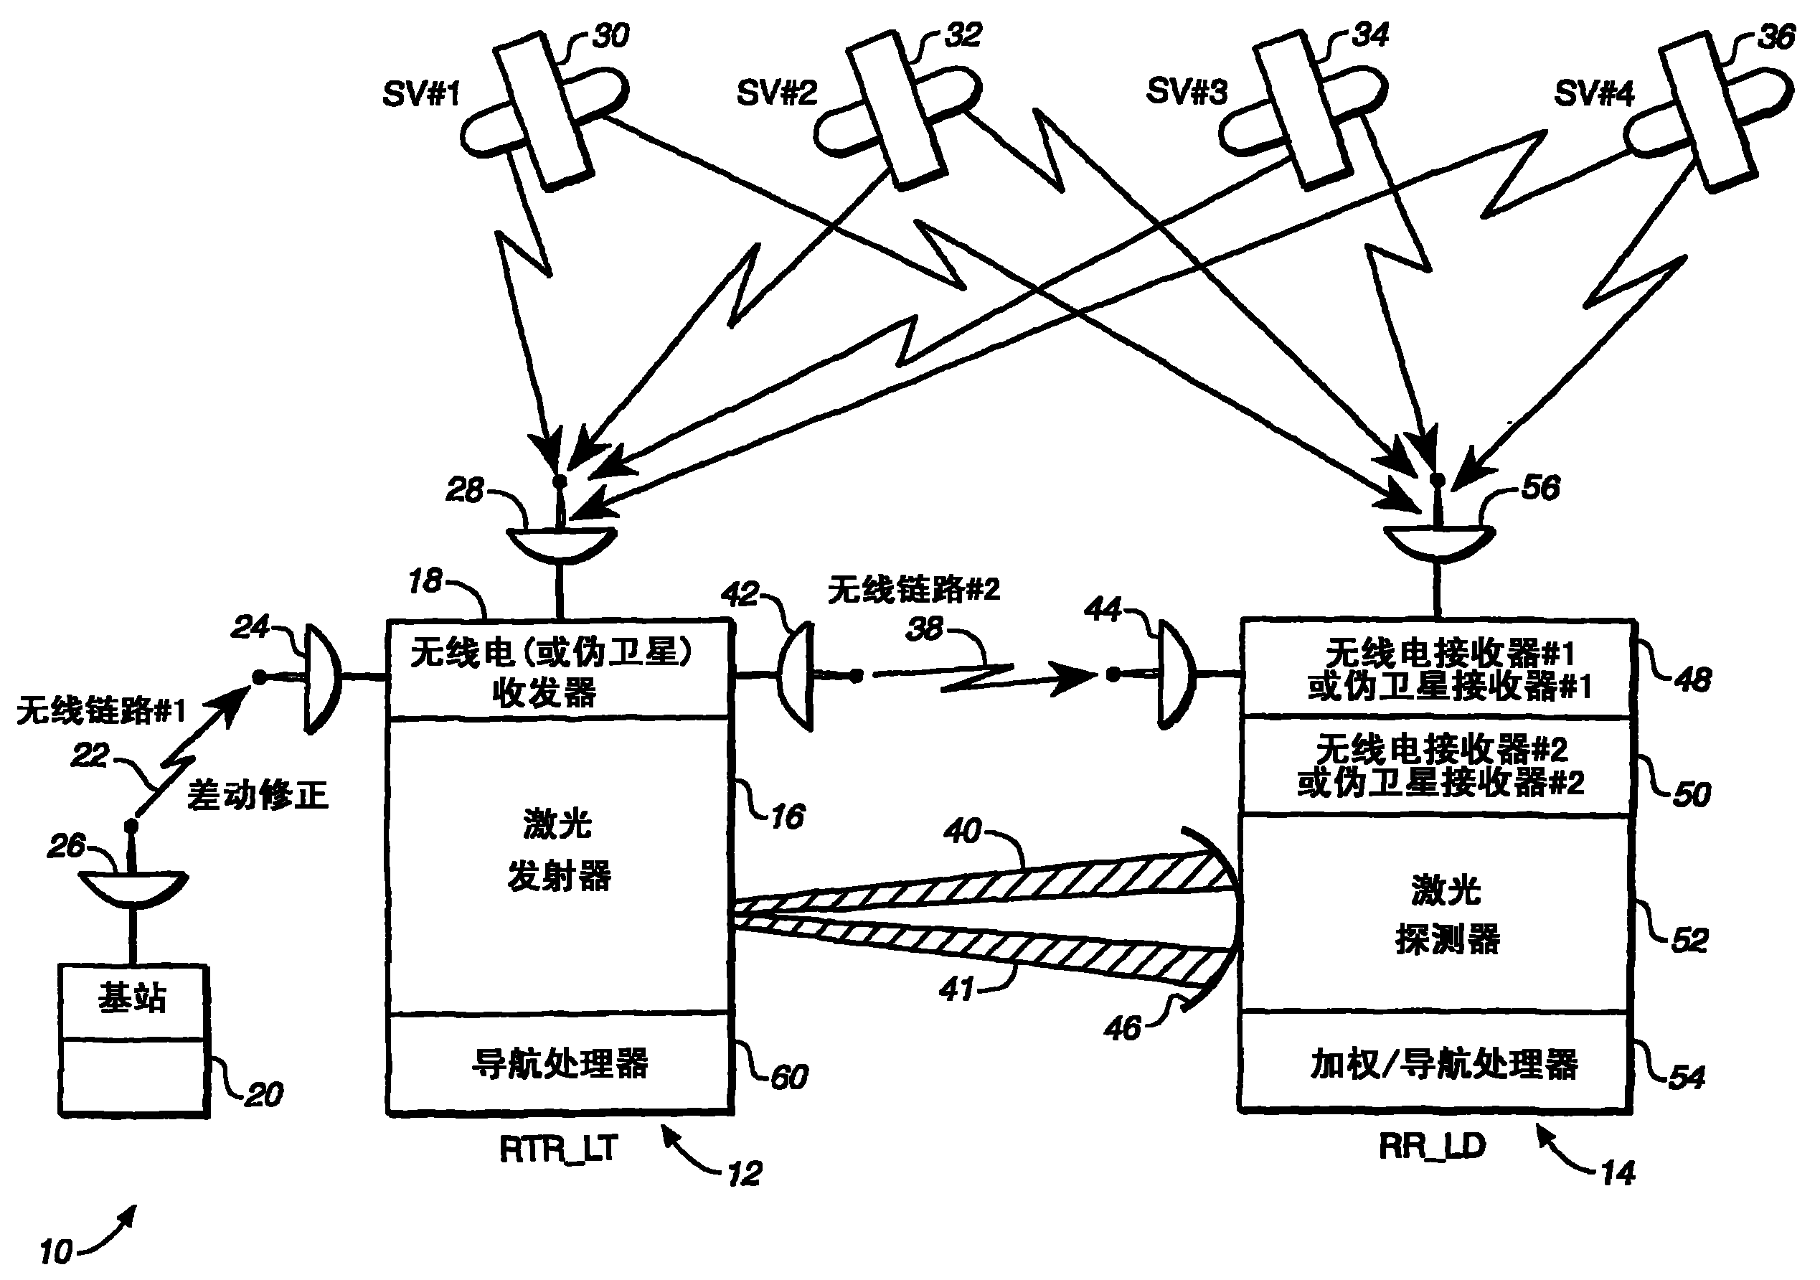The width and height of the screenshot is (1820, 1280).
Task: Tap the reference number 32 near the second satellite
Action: [x=963, y=36]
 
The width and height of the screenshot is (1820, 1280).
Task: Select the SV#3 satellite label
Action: [x=1186, y=92]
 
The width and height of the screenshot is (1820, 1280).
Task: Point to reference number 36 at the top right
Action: [x=1776, y=37]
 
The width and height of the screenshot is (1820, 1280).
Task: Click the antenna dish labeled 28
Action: [x=561, y=543]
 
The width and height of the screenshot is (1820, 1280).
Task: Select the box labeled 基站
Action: [x=133, y=999]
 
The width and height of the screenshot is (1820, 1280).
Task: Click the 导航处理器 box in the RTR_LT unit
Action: [x=559, y=1063]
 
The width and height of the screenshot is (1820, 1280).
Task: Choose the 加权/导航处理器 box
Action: [x=1436, y=1063]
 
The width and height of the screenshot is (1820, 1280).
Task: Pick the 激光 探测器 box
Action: [x=1436, y=913]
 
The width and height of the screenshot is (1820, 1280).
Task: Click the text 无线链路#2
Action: [x=913, y=590]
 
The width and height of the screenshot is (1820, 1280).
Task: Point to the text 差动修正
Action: [x=258, y=794]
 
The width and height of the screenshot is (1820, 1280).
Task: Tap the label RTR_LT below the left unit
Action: [x=558, y=1149]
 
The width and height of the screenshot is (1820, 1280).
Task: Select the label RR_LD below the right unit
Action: [x=1432, y=1147]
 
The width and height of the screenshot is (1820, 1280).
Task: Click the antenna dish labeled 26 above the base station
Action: [x=133, y=887]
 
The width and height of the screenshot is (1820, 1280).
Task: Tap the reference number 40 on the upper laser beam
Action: [x=962, y=831]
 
